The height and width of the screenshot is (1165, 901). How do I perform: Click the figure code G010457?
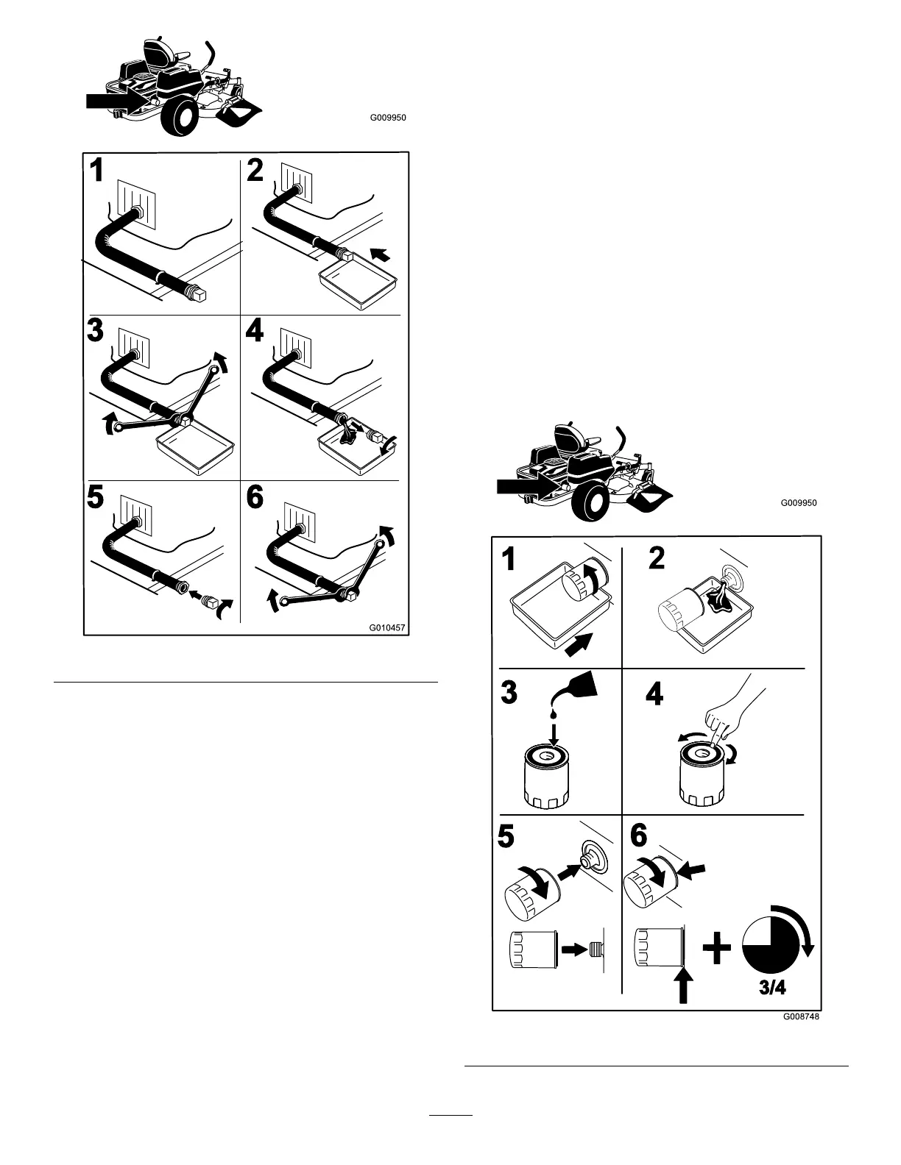pyautogui.click(x=388, y=629)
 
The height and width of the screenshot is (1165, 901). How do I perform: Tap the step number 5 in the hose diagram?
pyautogui.click(x=96, y=498)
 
